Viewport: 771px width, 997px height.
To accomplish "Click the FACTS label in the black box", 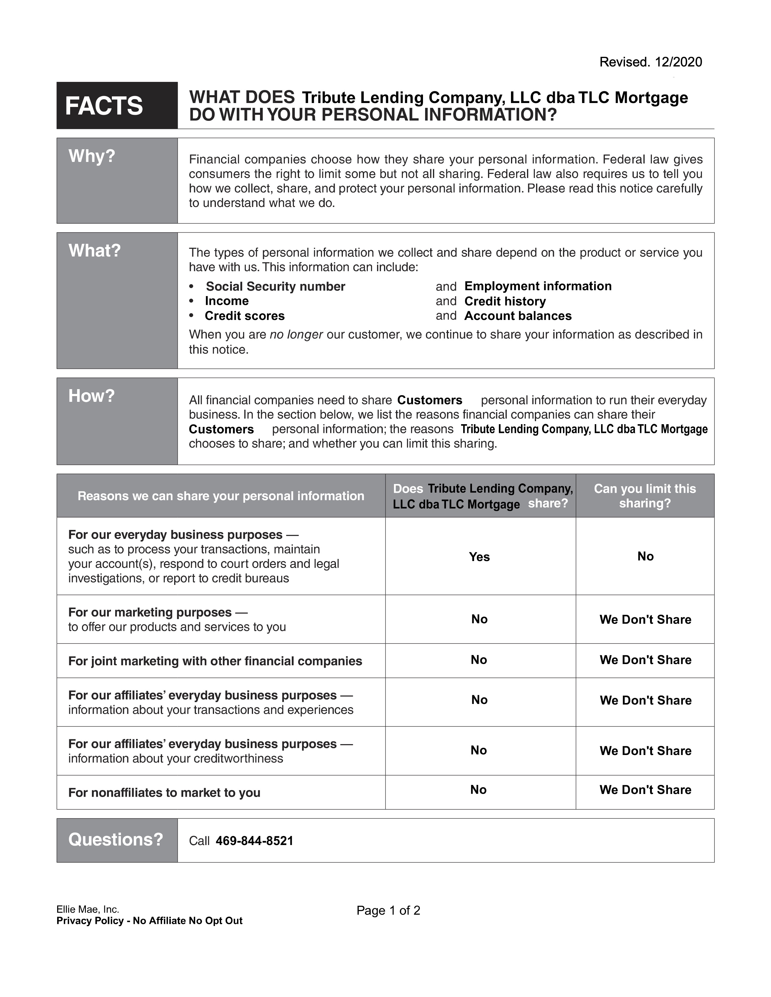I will coord(104,106).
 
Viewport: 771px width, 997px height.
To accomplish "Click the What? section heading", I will coord(94,251).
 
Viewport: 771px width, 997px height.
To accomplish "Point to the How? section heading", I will coord(91,396).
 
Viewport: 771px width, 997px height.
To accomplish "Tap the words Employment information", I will coord(538,286).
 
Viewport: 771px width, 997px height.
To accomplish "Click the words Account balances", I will coord(518,316).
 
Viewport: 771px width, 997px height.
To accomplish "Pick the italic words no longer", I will coord(296,335).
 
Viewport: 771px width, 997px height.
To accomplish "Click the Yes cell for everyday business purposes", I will coord(479,557).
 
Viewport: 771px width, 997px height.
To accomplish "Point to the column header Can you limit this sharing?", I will coord(645,496).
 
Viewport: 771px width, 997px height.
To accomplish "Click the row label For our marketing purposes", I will coord(150,612).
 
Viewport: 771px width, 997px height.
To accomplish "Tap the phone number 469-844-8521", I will coord(254,841).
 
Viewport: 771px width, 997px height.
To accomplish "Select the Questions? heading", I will coord(115,840).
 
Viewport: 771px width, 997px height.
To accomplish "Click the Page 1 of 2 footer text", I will coord(388,911).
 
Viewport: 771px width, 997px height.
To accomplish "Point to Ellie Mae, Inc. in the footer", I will coord(88,909).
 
